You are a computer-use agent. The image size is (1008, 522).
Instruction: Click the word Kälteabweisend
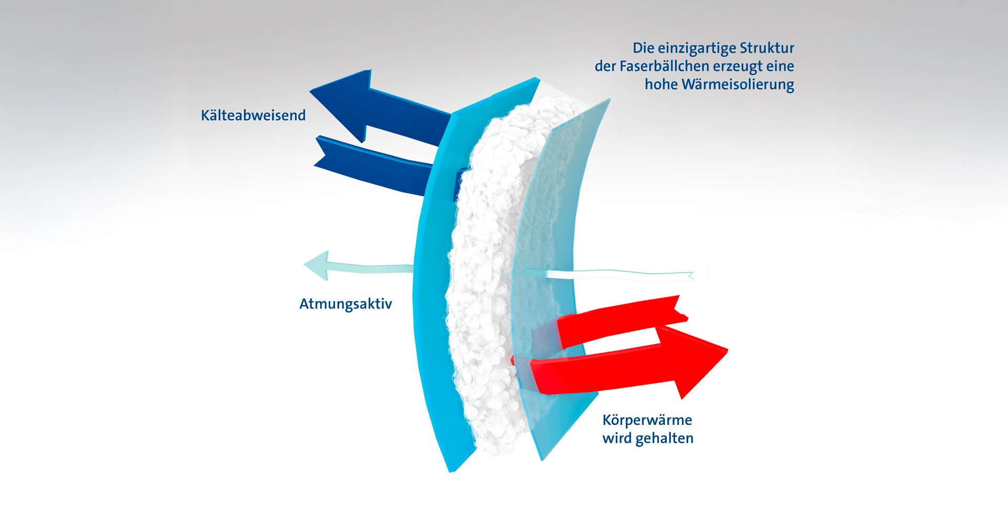tap(253, 115)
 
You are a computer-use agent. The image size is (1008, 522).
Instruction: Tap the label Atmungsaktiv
tap(345, 304)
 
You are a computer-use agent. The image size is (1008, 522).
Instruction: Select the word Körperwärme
tap(647, 420)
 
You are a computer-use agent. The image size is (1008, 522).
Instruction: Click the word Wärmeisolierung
tap(738, 84)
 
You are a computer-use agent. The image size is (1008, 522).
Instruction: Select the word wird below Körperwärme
tap(616, 439)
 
